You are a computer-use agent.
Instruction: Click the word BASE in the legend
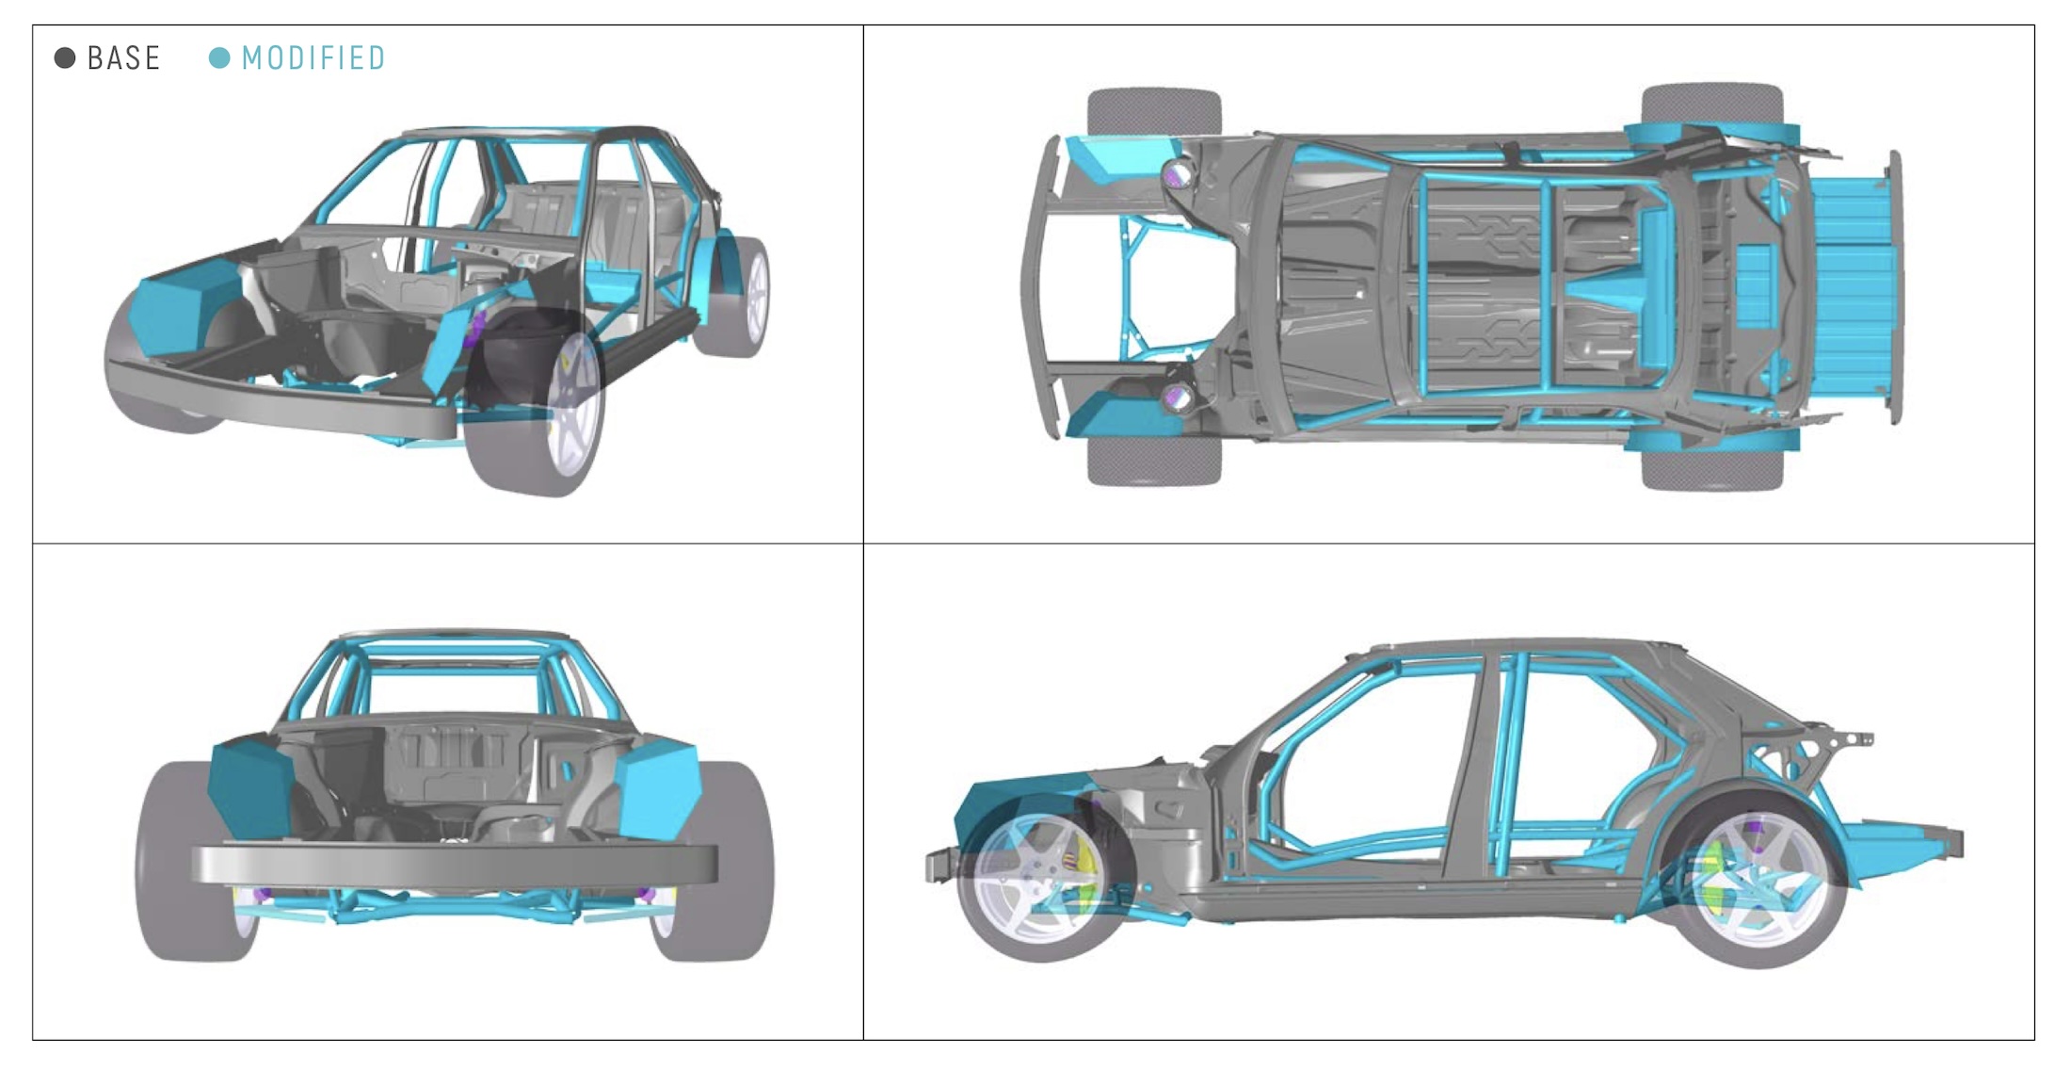tap(123, 58)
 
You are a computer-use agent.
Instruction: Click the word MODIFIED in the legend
tap(313, 58)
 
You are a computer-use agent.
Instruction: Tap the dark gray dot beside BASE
tap(65, 58)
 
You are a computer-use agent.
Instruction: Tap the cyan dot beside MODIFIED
tap(219, 58)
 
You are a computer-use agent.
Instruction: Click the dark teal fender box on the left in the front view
tap(249, 787)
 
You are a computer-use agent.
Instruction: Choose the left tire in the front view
tap(179, 862)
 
